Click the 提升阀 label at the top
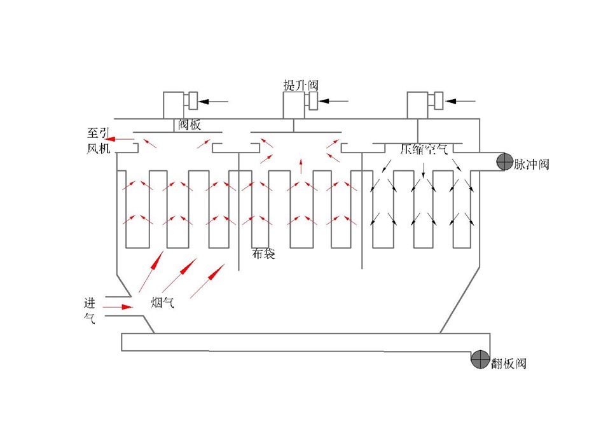tap(300, 85)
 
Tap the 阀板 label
tap(189, 125)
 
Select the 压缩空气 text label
tap(424, 151)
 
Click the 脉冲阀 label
tap(531, 165)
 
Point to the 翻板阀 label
tap(509, 364)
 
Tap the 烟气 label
tap(162, 303)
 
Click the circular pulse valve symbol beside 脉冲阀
tap(504, 162)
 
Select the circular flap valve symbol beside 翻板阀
tap(480, 359)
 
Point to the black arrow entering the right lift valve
tap(460, 100)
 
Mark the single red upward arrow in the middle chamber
tap(301, 167)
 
